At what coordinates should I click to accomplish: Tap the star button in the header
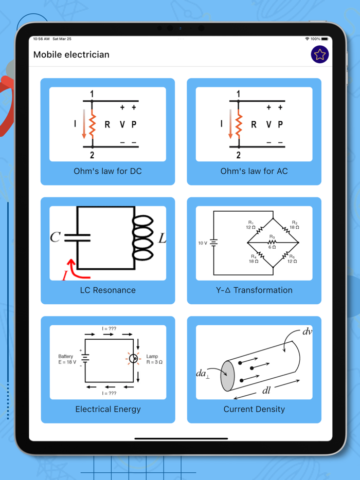tap(320, 54)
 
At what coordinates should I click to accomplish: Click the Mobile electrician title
tap(71, 54)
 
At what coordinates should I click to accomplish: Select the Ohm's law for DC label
tap(107, 171)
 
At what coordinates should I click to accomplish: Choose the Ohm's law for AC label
tap(254, 171)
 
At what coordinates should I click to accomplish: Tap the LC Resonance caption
tap(107, 290)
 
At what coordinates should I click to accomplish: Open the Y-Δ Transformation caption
tap(254, 290)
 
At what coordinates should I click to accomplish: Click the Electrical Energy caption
tap(107, 409)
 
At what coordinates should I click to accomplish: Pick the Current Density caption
tap(254, 409)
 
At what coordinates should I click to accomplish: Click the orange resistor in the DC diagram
tap(93, 125)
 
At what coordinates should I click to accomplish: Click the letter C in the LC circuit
tap(56, 237)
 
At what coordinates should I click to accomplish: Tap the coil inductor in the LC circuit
tap(143, 237)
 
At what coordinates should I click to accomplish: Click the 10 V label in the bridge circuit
tap(203, 243)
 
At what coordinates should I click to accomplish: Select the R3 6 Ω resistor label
tap(272, 242)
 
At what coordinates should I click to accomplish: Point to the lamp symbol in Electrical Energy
tap(134, 359)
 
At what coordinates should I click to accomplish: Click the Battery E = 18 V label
tap(67, 359)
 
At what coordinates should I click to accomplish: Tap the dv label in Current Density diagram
tap(307, 332)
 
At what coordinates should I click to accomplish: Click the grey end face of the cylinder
tap(227, 376)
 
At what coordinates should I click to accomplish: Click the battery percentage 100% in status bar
tap(315, 39)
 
